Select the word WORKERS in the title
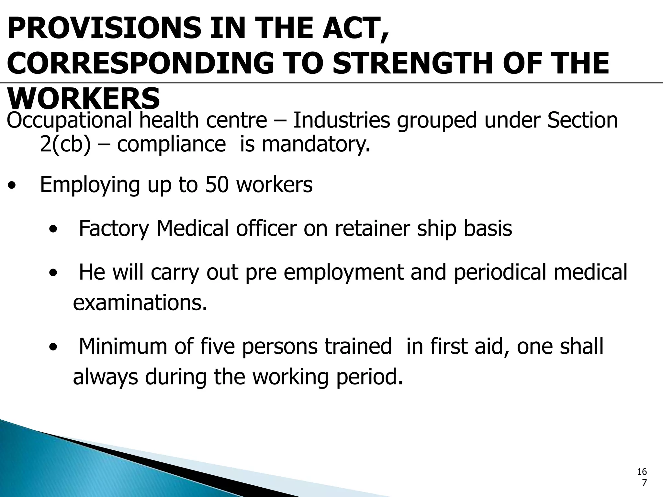point(84,98)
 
